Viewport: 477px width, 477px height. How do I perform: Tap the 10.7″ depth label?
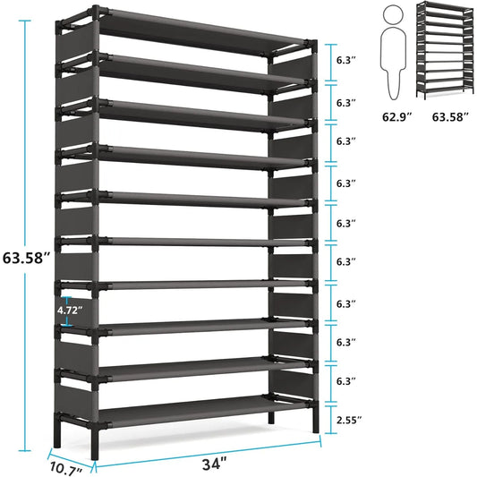pyautogui.click(x=66, y=467)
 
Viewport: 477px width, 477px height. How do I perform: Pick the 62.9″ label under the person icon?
pyautogui.click(x=392, y=116)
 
